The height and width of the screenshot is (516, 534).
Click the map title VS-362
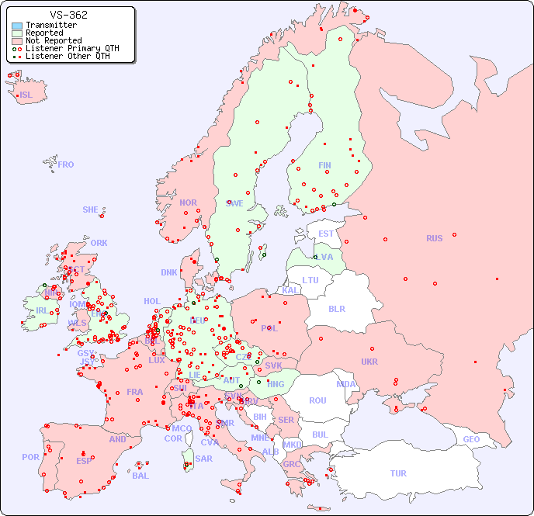pos(68,15)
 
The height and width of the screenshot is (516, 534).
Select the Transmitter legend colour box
pos(17,26)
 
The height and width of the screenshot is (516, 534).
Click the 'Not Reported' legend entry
pos(53,40)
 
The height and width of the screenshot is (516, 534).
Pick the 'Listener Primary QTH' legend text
pos(72,48)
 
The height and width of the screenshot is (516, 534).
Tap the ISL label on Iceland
pos(26,95)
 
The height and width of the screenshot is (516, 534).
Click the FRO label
pos(66,164)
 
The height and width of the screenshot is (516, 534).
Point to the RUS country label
pos(434,238)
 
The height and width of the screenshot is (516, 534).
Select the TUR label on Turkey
pos(398,473)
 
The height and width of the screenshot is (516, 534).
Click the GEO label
pos(471,439)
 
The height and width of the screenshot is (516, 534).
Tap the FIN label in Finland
pos(324,165)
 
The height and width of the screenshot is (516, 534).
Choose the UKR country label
pos(369,362)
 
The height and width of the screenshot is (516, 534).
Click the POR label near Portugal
pos(30,457)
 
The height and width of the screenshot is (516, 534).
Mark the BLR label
pos(336,308)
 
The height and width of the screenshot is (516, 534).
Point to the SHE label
pos(91,210)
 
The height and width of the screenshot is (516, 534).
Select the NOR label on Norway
pos(188,203)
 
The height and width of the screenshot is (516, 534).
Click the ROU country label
pos(317,400)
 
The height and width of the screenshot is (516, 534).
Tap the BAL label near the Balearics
pos(140,476)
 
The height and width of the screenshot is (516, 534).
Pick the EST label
pos(326,234)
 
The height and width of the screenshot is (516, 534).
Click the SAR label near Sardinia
pos(204,459)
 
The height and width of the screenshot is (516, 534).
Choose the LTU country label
pos(310,280)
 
